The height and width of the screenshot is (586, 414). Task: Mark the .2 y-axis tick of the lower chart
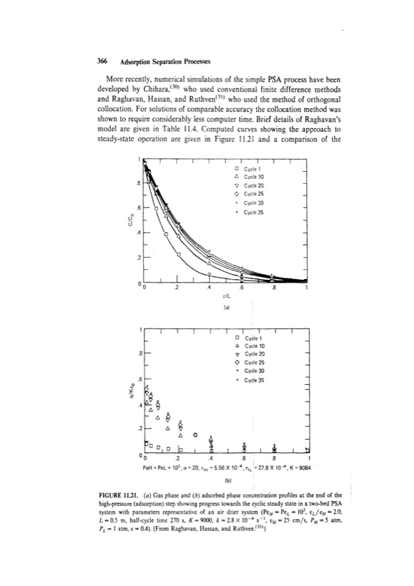[x=138, y=428]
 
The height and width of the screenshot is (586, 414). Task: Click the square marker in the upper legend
[x=238, y=168]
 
